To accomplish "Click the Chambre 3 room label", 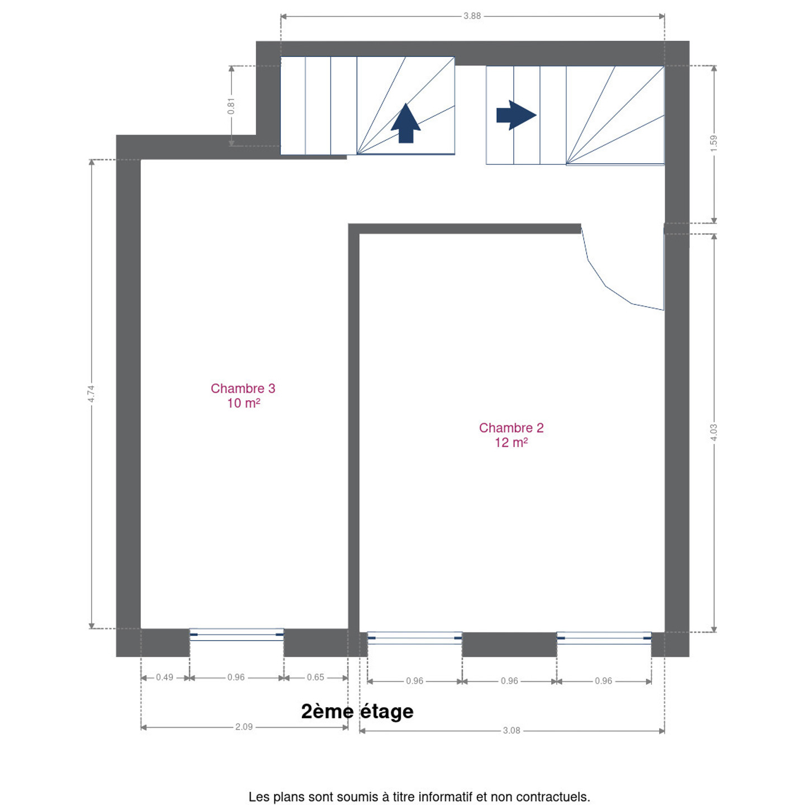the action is pyautogui.click(x=243, y=388).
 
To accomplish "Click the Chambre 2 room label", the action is pyautogui.click(x=511, y=427).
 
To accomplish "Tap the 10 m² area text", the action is pyautogui.click(x=244, y=402).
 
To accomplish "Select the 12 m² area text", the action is pyautogui.click(x=512, y=442).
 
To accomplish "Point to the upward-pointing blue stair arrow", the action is pyautogui.click(x=406, y=123).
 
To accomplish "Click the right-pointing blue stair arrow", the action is pyautogui.click(x=517, y=115).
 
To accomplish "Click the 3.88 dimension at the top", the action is pyautogui.click(x=472, y=16).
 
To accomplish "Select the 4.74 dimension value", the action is pyautogui.click(x=91, y=394).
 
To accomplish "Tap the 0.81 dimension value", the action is pyautogui.click(x=231, y=106).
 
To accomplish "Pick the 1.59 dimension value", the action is pyautogui.click(x=713, y=143).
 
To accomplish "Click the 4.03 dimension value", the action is pyautogui.click(x=713, y=432).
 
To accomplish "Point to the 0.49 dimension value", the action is pyautogui.click(x=164, y=677).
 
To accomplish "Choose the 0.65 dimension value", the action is pyautogui.click(x=315, y=677).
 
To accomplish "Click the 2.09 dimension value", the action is pyautogui.click(x=244, y=727).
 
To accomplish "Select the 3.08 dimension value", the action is pyautogui.click(x=512, y=730).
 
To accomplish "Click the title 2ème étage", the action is pyautogui.click(x=357, y=712).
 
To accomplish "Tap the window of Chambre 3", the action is pyautogui.click(x=236, y=634).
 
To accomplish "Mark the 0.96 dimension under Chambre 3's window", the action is pyautogui.click(x=236, y=677).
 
